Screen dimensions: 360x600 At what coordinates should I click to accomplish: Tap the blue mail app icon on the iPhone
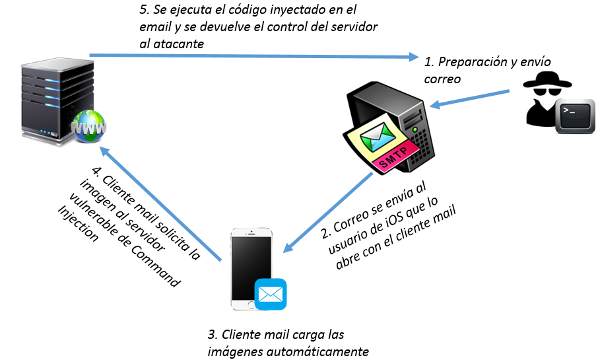tap(271, 294)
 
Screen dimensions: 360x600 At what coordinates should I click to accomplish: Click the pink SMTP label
tap(395, 157)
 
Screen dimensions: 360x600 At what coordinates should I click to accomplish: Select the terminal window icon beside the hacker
tap(575, 117)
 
